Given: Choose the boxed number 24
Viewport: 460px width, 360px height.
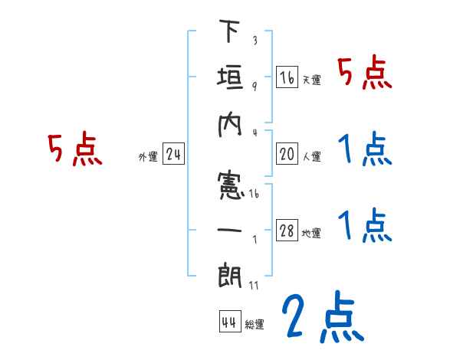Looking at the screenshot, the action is [173, 155].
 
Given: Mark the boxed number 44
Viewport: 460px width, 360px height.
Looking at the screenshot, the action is [228, 322].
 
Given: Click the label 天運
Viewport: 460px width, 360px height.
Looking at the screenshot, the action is [310, 80].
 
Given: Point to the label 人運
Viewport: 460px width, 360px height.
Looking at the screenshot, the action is [310, 157].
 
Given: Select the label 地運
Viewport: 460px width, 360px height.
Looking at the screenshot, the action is [311, 234].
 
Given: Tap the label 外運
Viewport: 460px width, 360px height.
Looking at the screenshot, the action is [147, 157].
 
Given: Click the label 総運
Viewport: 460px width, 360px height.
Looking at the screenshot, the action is [255, 325].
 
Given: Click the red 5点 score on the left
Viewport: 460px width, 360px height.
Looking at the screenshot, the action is [74, 149].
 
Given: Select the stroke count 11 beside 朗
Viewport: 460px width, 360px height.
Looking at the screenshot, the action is [253, 286].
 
